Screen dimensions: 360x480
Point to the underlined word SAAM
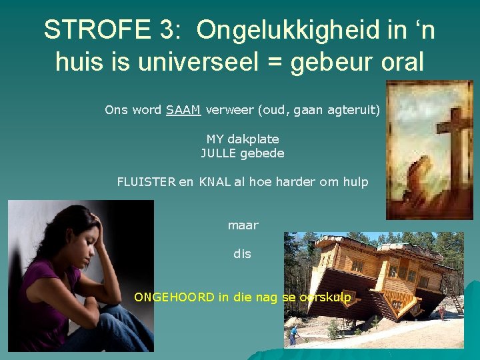pyautogui.click(x=183, y=109)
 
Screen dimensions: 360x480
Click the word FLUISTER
pyautogui.click(x=146, y=181)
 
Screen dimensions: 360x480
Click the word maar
pyautogui.click(x=243, y=225)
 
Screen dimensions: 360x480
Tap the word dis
pyautogui.click(x=243, y=254)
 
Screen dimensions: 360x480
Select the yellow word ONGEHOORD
pyautogui.click(x=175, y=297)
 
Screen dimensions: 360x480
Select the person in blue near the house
pyautogui.click(x=292, y=333)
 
